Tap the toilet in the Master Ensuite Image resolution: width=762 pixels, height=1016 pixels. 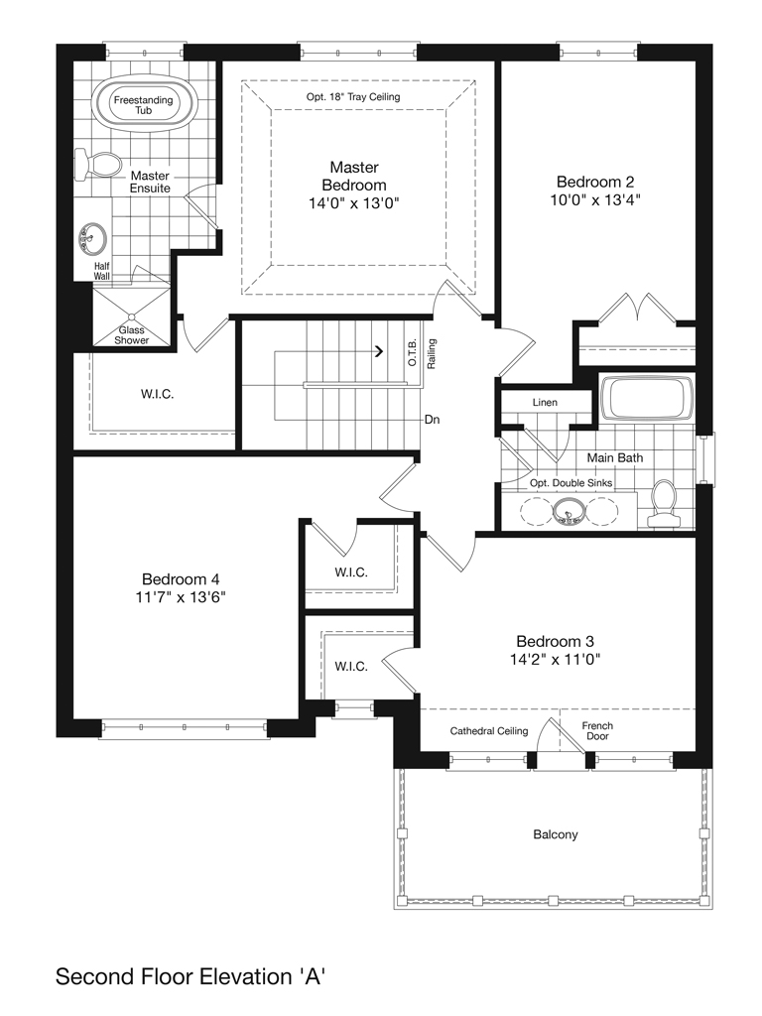point(98,165)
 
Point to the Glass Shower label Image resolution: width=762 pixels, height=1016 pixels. point(132,335)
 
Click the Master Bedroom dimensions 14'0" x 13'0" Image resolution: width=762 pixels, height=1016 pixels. point(354,203)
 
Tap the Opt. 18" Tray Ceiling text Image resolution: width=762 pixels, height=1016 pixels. point(353,97)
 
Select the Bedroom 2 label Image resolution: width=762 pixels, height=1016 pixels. point(595,183)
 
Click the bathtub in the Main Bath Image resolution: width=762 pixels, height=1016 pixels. point(647,397)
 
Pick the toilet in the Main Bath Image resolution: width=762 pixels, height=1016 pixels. point(662,503)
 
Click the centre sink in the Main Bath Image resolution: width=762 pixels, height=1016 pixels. point(569,510)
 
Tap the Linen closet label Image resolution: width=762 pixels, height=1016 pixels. point(545,403)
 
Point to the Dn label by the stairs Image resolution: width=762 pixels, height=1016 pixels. point(433,420)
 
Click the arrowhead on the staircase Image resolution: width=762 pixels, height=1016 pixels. point(380,352)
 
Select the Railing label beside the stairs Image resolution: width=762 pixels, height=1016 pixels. point(432,354)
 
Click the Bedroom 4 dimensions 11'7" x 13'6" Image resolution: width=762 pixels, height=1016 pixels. point(181,597)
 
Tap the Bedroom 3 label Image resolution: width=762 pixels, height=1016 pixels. point(556,642)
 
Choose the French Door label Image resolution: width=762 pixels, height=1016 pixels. point(597,731)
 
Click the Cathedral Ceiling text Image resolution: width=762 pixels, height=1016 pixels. point(489,731)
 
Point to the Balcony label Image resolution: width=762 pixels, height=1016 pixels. point(556,834)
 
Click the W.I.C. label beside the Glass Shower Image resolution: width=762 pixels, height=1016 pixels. point(158,394)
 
